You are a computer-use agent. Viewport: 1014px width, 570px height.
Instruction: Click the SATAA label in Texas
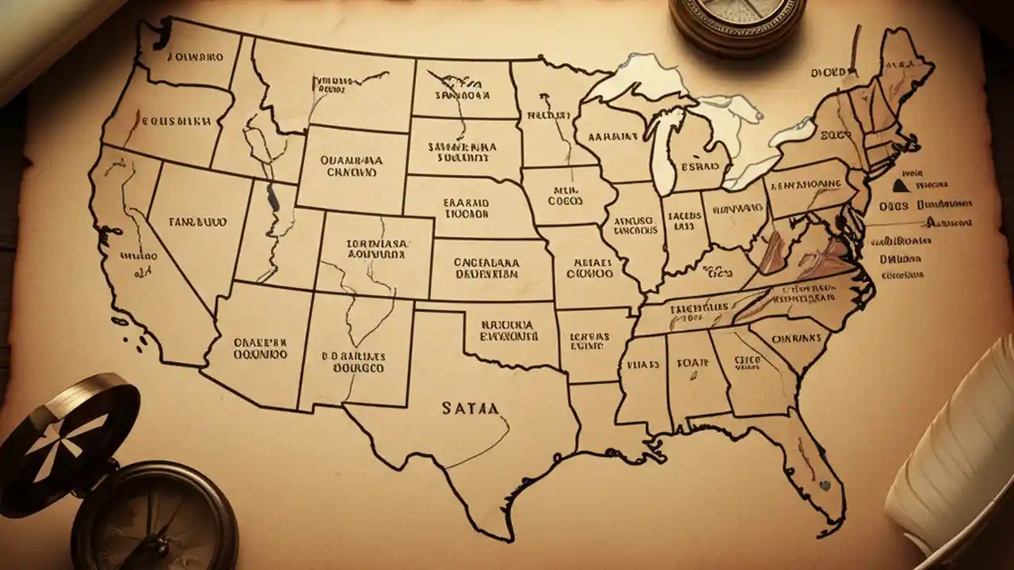[471, 409]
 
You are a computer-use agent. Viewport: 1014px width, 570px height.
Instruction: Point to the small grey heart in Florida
[825, 485]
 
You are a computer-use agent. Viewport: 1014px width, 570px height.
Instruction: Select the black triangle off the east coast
[900, 187]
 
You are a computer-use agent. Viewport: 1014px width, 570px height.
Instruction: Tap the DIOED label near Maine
[829, 73]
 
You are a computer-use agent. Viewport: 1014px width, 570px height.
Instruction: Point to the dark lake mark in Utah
[273, 198]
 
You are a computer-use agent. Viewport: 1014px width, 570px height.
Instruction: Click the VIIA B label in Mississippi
[642, 366]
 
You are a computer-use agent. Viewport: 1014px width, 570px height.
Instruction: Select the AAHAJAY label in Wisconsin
[613, 137]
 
